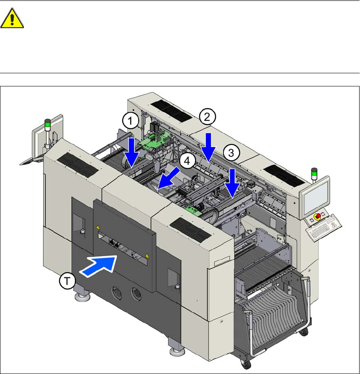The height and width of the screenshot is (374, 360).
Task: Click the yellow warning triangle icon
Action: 12,19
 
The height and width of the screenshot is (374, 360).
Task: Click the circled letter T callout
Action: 67,280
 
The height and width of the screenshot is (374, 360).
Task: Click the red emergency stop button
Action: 316,217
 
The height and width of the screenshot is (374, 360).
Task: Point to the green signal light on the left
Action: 47,124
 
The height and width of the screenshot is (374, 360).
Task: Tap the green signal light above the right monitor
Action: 313,172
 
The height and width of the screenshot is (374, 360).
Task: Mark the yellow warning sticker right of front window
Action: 147,256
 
